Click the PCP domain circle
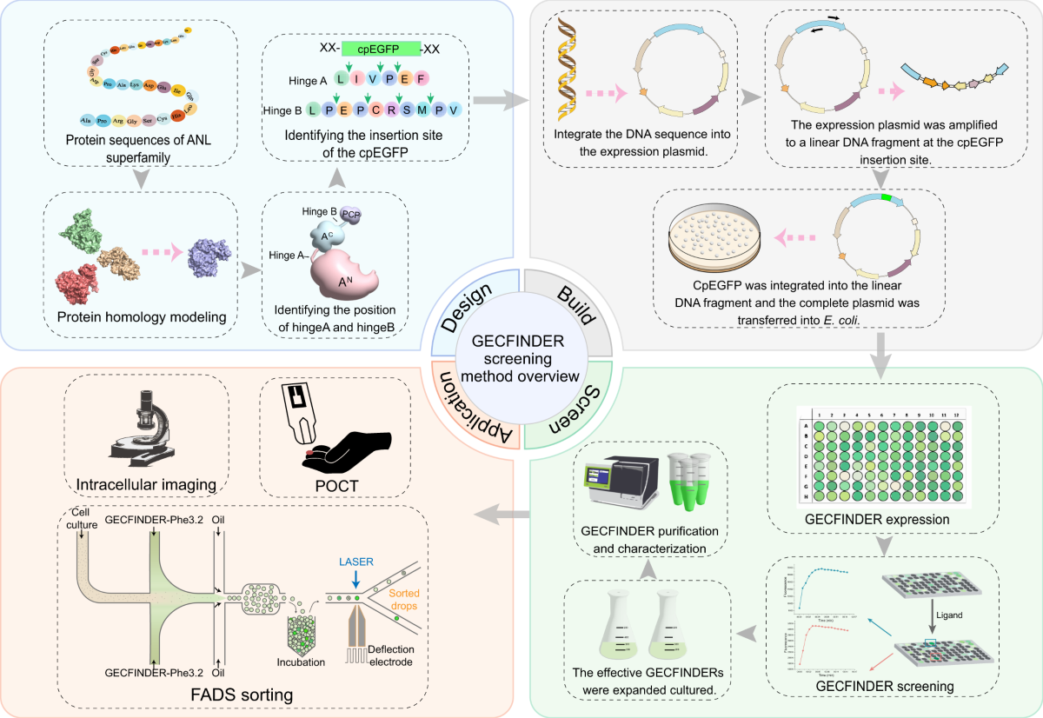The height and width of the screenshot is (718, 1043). coord(351,214)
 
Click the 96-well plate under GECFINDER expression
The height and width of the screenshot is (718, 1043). coord(883,457)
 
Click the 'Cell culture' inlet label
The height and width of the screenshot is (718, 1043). coord(82,518)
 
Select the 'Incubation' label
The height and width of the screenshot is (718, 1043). coord(302,662)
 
